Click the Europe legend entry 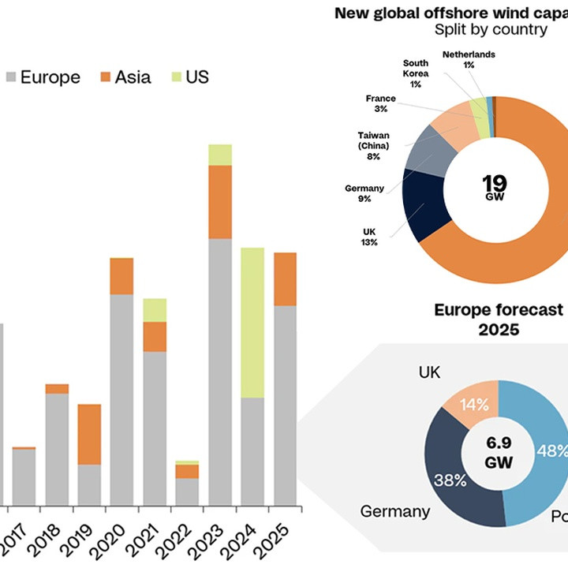[x=43, y=77]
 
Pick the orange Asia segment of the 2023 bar [x=220, y=202]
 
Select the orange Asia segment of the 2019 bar [x=89, y=434]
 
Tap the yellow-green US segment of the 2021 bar [x=155, y=310]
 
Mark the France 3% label [x=381, y=103]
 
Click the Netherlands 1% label [x=469, y=59]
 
